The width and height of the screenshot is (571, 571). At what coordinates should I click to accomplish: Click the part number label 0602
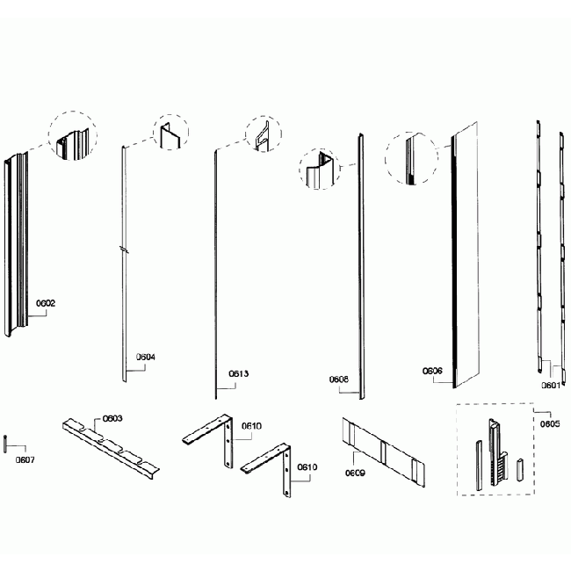(46, 303)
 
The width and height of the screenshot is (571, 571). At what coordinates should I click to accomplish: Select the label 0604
(146, 358)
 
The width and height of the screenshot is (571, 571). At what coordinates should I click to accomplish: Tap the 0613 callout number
(239, 373)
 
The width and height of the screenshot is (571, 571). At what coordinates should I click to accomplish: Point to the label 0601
(551, 384)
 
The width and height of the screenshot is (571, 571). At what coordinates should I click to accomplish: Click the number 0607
(25, 459)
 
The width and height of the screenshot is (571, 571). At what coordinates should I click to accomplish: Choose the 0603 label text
(112, 418)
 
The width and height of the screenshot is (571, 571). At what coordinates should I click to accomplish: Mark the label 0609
(355, 472)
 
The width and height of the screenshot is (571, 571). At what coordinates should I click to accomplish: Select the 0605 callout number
(550, 423)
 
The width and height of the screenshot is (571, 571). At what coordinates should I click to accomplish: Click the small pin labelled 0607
(6, 441)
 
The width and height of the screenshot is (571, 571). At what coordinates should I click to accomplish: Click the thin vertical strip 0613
(215, 272)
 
